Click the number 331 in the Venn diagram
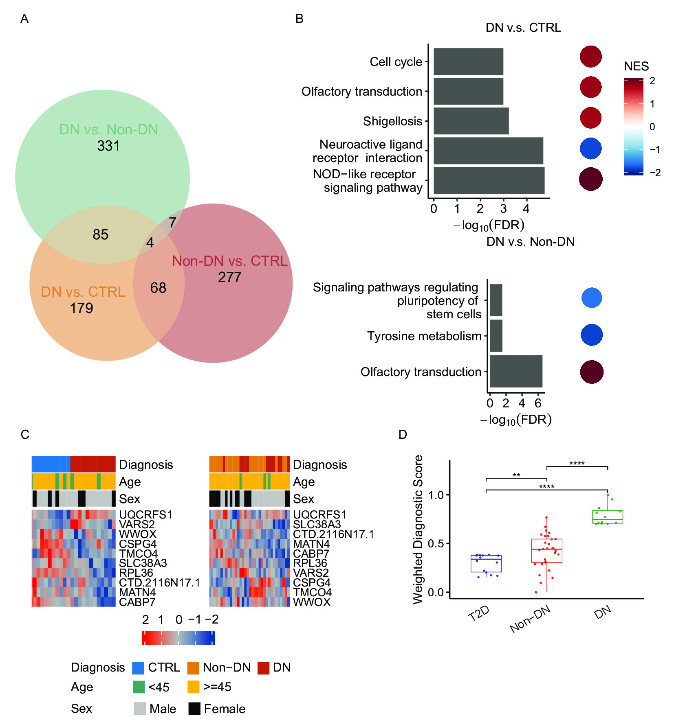tap(108, 146)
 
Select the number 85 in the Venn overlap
tap(101, 234)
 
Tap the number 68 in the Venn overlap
tap(158, 288)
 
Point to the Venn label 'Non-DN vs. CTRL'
tap(230, 261)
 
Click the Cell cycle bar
tap(468, 61)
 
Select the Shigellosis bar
tap(471, 121)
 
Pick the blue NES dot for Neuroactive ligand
tap(590, 148)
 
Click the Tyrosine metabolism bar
tap(496, 336)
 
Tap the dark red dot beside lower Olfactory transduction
tap(591, 372)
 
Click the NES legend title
tap(636, 66)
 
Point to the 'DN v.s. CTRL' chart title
tap(523, 28)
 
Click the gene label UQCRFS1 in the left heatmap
tap(145, 515)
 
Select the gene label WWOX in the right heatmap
tap(312, 602)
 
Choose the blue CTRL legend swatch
tap(138, 668)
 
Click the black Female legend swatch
tap(194, 709)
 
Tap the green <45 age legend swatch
tap(139, 687)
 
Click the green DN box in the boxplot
tap(607, 517)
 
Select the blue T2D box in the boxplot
tap(486, 564)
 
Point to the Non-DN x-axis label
tap(530, 619)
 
